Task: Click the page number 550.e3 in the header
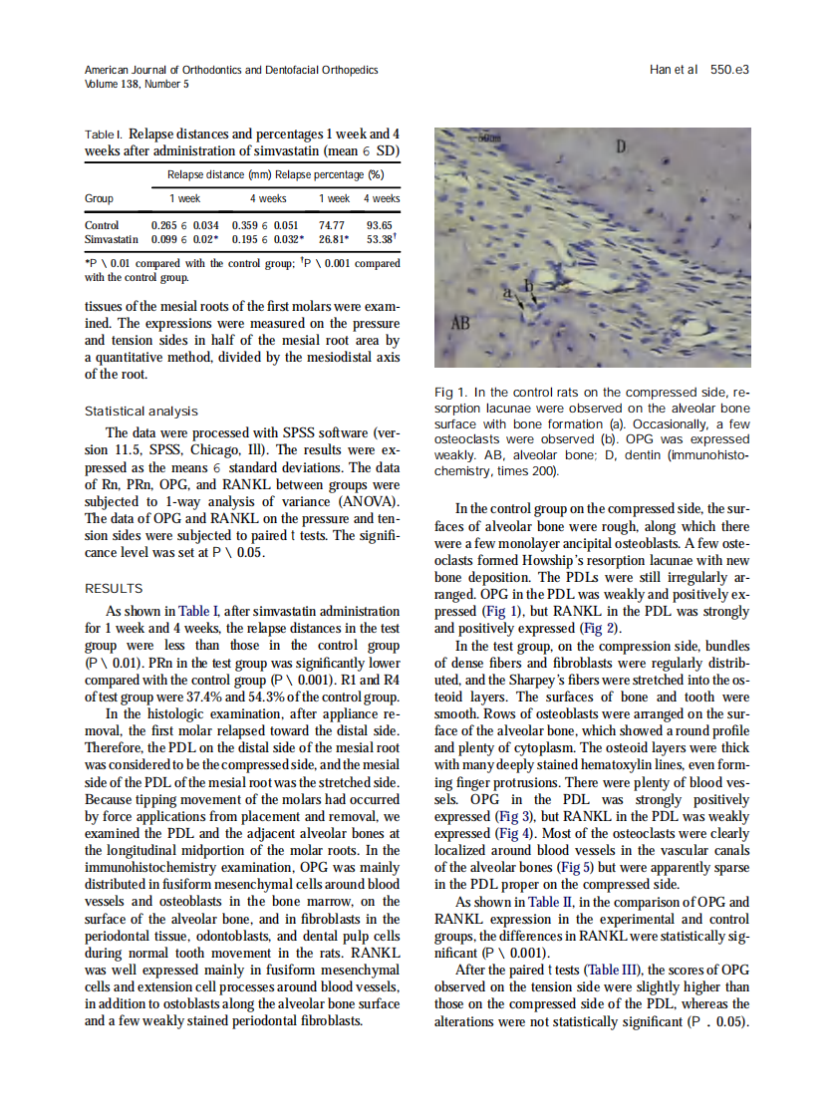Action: click(729, 70)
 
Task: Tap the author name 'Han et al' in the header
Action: click(673, 70)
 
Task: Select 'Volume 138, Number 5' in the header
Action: click(137, 84)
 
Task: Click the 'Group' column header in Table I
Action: click(99, 198)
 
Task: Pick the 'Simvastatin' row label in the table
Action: click(112, 240)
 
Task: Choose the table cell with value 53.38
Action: click(382, 240)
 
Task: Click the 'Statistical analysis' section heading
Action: click(140, 411)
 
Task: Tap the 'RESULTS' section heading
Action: click(114, 589)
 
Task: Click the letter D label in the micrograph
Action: click(619, 147)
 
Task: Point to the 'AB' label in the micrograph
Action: click(460, 324)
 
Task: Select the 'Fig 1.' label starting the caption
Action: click(452, 392)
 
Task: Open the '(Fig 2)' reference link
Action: click(599, 628)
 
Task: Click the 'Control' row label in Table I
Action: click(102, 226)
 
